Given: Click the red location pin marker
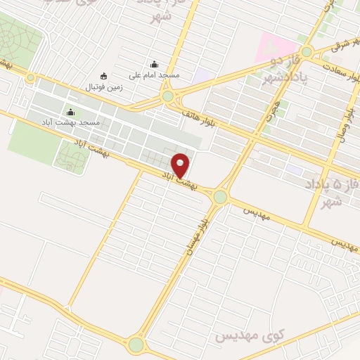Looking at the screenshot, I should (181, 165).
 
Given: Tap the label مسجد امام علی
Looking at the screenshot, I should (155, 74).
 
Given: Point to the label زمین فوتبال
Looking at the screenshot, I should (104, 87).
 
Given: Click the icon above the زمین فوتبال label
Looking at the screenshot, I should (104, 77).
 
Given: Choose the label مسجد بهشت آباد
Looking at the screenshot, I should (79, 123).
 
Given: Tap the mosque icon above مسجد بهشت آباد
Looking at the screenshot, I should (70, 112).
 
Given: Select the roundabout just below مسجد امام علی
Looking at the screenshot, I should (167, 96).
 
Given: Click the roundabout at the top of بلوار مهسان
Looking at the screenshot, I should (221, 197).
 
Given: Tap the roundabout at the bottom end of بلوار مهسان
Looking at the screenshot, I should (136, 345).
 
